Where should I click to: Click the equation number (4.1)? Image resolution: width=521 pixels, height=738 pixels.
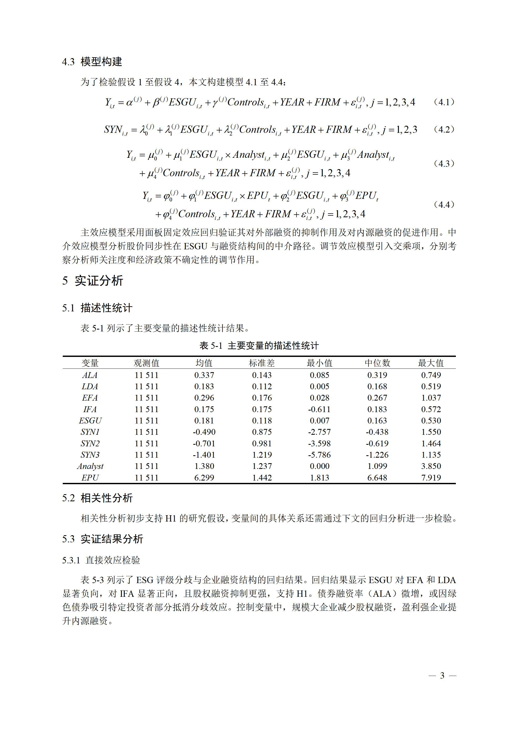click(444, 102)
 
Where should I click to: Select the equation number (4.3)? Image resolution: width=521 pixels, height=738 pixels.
click(444, 164)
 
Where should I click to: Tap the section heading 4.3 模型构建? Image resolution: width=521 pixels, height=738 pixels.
click(92, 62)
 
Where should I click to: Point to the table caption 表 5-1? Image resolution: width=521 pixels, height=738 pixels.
click(259, 346)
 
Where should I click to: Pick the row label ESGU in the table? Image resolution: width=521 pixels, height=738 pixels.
click(90, 421)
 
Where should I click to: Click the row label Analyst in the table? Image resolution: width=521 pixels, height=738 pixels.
click(90, 466)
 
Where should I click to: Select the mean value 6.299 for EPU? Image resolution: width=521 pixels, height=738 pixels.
click(204, 478)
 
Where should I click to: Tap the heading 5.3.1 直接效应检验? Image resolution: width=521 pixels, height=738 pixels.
click(101, 560)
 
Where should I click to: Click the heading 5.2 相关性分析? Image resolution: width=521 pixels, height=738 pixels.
click(97, 498)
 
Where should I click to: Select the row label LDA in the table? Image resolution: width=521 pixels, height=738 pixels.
click(90, 387)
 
